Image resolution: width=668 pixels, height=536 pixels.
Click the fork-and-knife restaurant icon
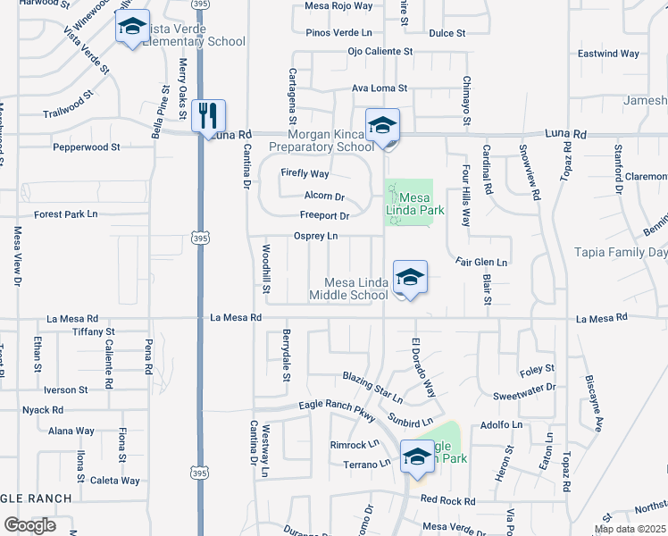click(207, 115)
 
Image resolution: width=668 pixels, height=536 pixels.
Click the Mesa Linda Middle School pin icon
click(410, 277)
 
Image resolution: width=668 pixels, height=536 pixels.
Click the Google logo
click(29, 525)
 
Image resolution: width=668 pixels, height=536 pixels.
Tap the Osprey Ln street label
click(316, 236)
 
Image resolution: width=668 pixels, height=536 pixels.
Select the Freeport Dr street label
click(323, 215)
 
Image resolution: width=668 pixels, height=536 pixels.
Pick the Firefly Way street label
click(305, 173)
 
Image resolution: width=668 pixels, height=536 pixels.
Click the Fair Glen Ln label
click(481, 263)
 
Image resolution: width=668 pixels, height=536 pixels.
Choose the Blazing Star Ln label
click(372, 386)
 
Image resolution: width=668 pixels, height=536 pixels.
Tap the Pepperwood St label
click(86, 146)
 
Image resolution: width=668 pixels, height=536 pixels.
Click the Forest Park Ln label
click(65, 214)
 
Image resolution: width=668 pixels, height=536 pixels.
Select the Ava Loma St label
click(379, 88)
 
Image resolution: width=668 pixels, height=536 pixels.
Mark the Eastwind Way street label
click(608, 54)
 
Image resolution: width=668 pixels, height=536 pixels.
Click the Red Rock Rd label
click(447, 500)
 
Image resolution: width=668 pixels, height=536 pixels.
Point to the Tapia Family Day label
click(620, 253)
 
